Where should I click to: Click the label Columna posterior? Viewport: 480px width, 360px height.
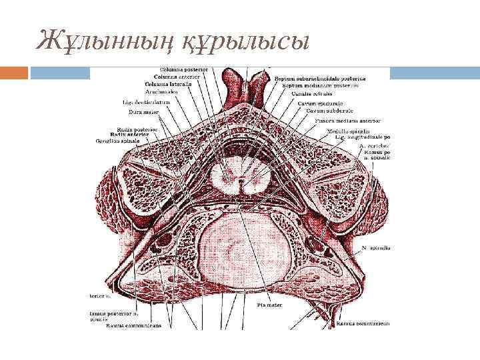(183, 69)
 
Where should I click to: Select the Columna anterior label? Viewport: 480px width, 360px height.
(177, 77)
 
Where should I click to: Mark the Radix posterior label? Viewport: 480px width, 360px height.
(137, 128)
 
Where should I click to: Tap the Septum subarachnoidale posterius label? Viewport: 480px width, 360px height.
(316, 78)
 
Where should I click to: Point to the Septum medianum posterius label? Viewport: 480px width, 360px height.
(320, 85)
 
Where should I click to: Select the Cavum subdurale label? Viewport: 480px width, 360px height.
(329, 111)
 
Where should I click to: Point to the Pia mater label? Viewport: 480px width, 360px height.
(270, 305)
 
